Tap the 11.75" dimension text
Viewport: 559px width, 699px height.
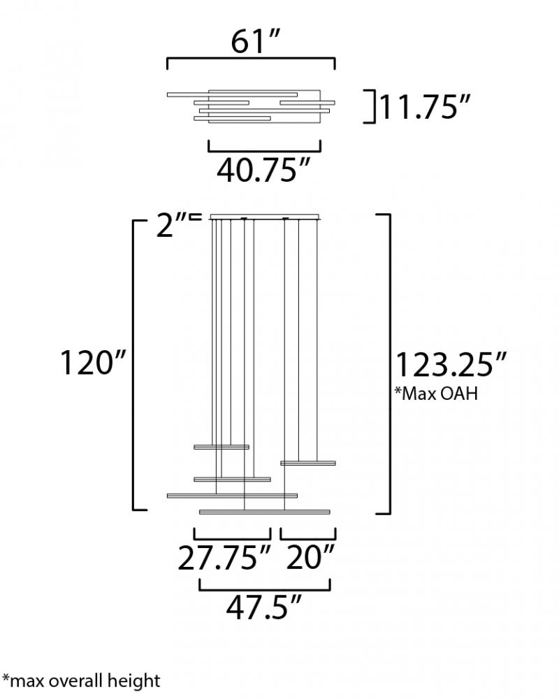(424, 107)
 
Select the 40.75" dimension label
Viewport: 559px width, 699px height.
(263, 170)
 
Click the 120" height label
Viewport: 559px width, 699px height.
(94, 362)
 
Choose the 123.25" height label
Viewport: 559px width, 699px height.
(451, 365)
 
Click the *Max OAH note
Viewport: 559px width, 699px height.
(436, 393)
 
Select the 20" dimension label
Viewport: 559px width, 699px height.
(310, 557)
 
